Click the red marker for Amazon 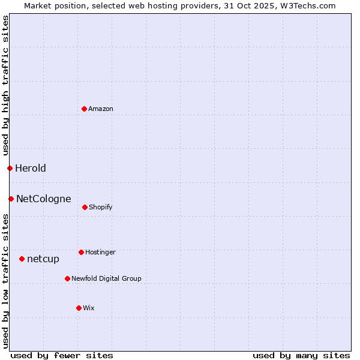click(x=85, y=109)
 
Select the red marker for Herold click(x=10, y=168)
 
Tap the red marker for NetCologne click(x=11, y=199)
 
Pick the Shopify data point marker click(x=85, y=207)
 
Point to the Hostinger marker click(x=81, y=252)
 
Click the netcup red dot click(x=22, y=259)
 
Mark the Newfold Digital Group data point click(x=67, y=278)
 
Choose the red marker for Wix click(x=79, y=308)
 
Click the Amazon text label click(x=101, y=109)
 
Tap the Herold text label click(x=31, y=168)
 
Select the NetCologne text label click(x=44, y=199)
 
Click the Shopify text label click(x=101, y=207)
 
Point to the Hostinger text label click(x=100, y=252)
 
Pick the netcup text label click(x=43, y=259)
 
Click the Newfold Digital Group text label click(x=107, y=278)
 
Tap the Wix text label click(x=89, y=308)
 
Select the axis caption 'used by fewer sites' click(x=62, y=355)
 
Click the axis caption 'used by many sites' click(x=301, y=355)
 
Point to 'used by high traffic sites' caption click(x=5, y=85)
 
